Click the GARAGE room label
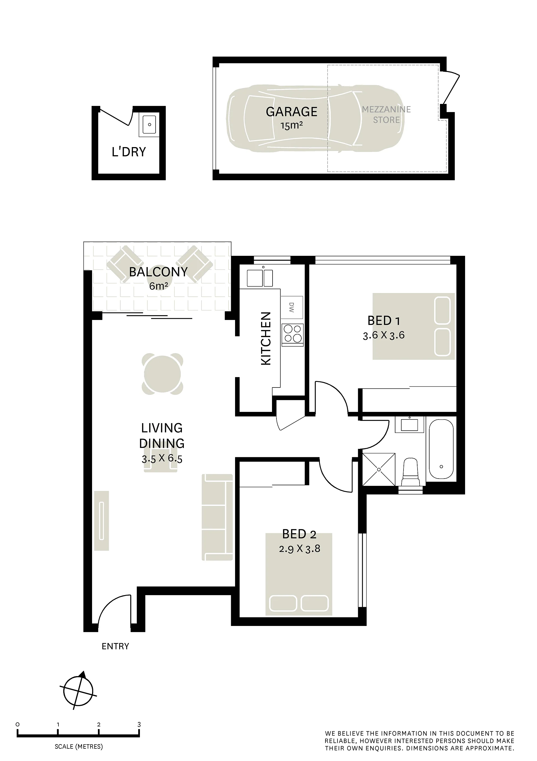click(291, 112)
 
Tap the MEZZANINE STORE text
click(386, 115)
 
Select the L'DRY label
click(129, 152)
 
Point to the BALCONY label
click(158, 272)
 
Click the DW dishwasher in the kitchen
click(292, 307)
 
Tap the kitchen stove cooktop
click(293, 334)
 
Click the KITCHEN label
click(266, 338)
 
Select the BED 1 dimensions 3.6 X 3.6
click(384, 335)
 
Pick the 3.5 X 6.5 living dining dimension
click(162, 459)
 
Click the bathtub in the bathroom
click(441, 450)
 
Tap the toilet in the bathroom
click(411, 473)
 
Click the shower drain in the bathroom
click(379, 469)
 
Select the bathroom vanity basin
click(410, 424)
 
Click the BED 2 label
click(299, 534)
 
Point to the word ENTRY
click(115, 646)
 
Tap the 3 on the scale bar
click(139, 725)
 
